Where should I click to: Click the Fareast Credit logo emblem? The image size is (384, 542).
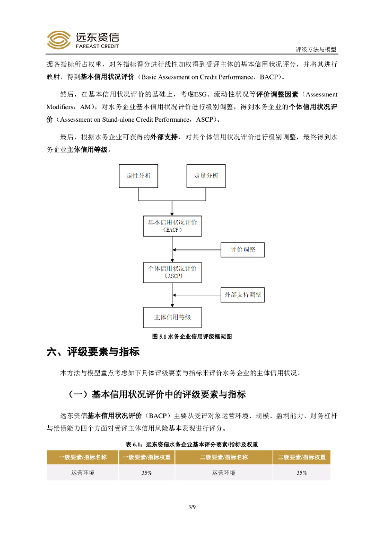(x=58, y=39)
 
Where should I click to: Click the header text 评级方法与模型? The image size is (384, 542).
(x=316, y=49)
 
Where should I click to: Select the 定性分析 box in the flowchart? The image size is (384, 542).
(x=138, y=176)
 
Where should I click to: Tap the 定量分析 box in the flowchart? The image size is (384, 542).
(x=206, y=176)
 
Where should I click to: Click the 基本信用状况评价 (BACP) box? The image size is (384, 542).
(x=172, y=226)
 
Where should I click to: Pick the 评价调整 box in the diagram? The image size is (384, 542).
(x=242, y=249)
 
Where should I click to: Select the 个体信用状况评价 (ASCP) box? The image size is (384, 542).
(x=172, y=272)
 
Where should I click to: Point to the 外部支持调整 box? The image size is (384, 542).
(x=242, y=295)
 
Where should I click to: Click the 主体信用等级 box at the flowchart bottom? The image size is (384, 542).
(x=172, y=318)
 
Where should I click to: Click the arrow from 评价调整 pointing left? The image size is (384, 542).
(x=196, y=249)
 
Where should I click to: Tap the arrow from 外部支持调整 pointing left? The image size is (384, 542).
(x=196, y=295)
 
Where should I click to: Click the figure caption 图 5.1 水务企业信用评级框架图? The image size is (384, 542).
(x=192, y=336)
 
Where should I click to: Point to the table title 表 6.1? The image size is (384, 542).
(x=191, y=444)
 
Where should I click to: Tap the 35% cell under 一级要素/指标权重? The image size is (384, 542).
(x=146, y=473)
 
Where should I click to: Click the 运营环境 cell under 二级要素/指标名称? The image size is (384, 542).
(x=223, y=473)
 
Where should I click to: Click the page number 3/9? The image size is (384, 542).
(x=192, y=508)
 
